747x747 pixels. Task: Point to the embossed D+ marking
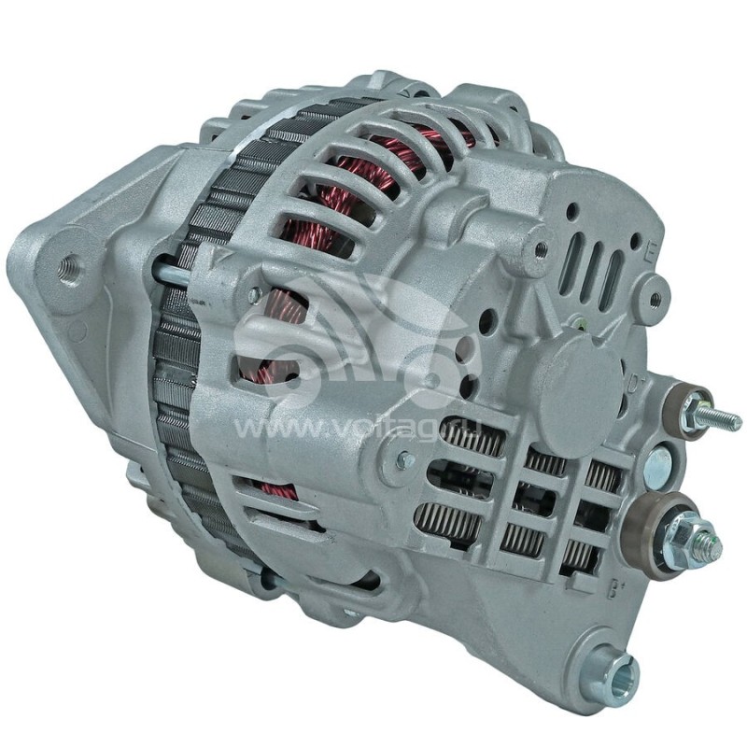click(633, 381)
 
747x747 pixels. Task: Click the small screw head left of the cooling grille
click(404, 458)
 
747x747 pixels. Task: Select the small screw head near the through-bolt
click(254, 295)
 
